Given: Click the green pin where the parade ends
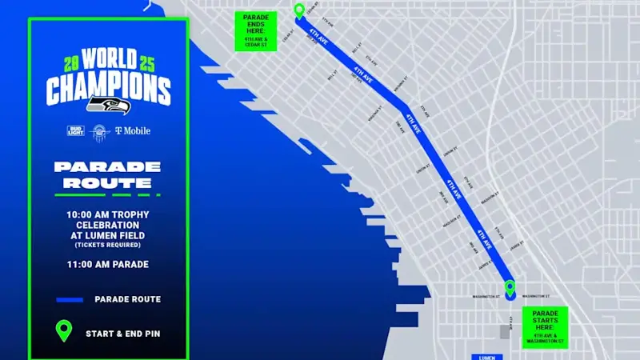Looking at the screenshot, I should (x=298, y=10).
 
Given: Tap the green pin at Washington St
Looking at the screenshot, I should (x=510, y=288).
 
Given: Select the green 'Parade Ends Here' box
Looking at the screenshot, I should (x=254, y=32).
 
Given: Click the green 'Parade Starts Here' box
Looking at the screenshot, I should (x=545, y=328).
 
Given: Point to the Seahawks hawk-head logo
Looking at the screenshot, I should (x=107, y=102).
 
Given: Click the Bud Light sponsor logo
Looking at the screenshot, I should (x=76, y=130).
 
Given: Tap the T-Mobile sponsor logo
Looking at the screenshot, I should (x=133, y=130).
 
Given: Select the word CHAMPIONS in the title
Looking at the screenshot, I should (x=107, y=87).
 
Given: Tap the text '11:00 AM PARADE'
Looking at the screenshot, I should (x=107, y=264).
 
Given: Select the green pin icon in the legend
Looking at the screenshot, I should (x=63, y=331).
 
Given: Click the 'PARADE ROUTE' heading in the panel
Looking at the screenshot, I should (x=107, y=174).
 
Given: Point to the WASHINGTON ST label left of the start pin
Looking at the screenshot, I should (x=486, y=297).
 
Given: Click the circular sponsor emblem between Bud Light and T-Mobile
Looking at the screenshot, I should (x=99, y=130).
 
